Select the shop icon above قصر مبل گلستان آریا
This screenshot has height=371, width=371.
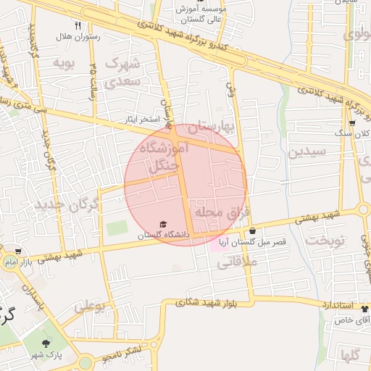click(x=252, y=231)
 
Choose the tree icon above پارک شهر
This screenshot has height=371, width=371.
click(x=47, y=343)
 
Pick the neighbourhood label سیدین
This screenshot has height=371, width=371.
click(x=307, y=151)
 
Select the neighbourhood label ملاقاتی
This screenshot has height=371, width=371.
click(x=237, y=264)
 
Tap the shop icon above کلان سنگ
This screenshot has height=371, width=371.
click(x=351, y=123)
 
